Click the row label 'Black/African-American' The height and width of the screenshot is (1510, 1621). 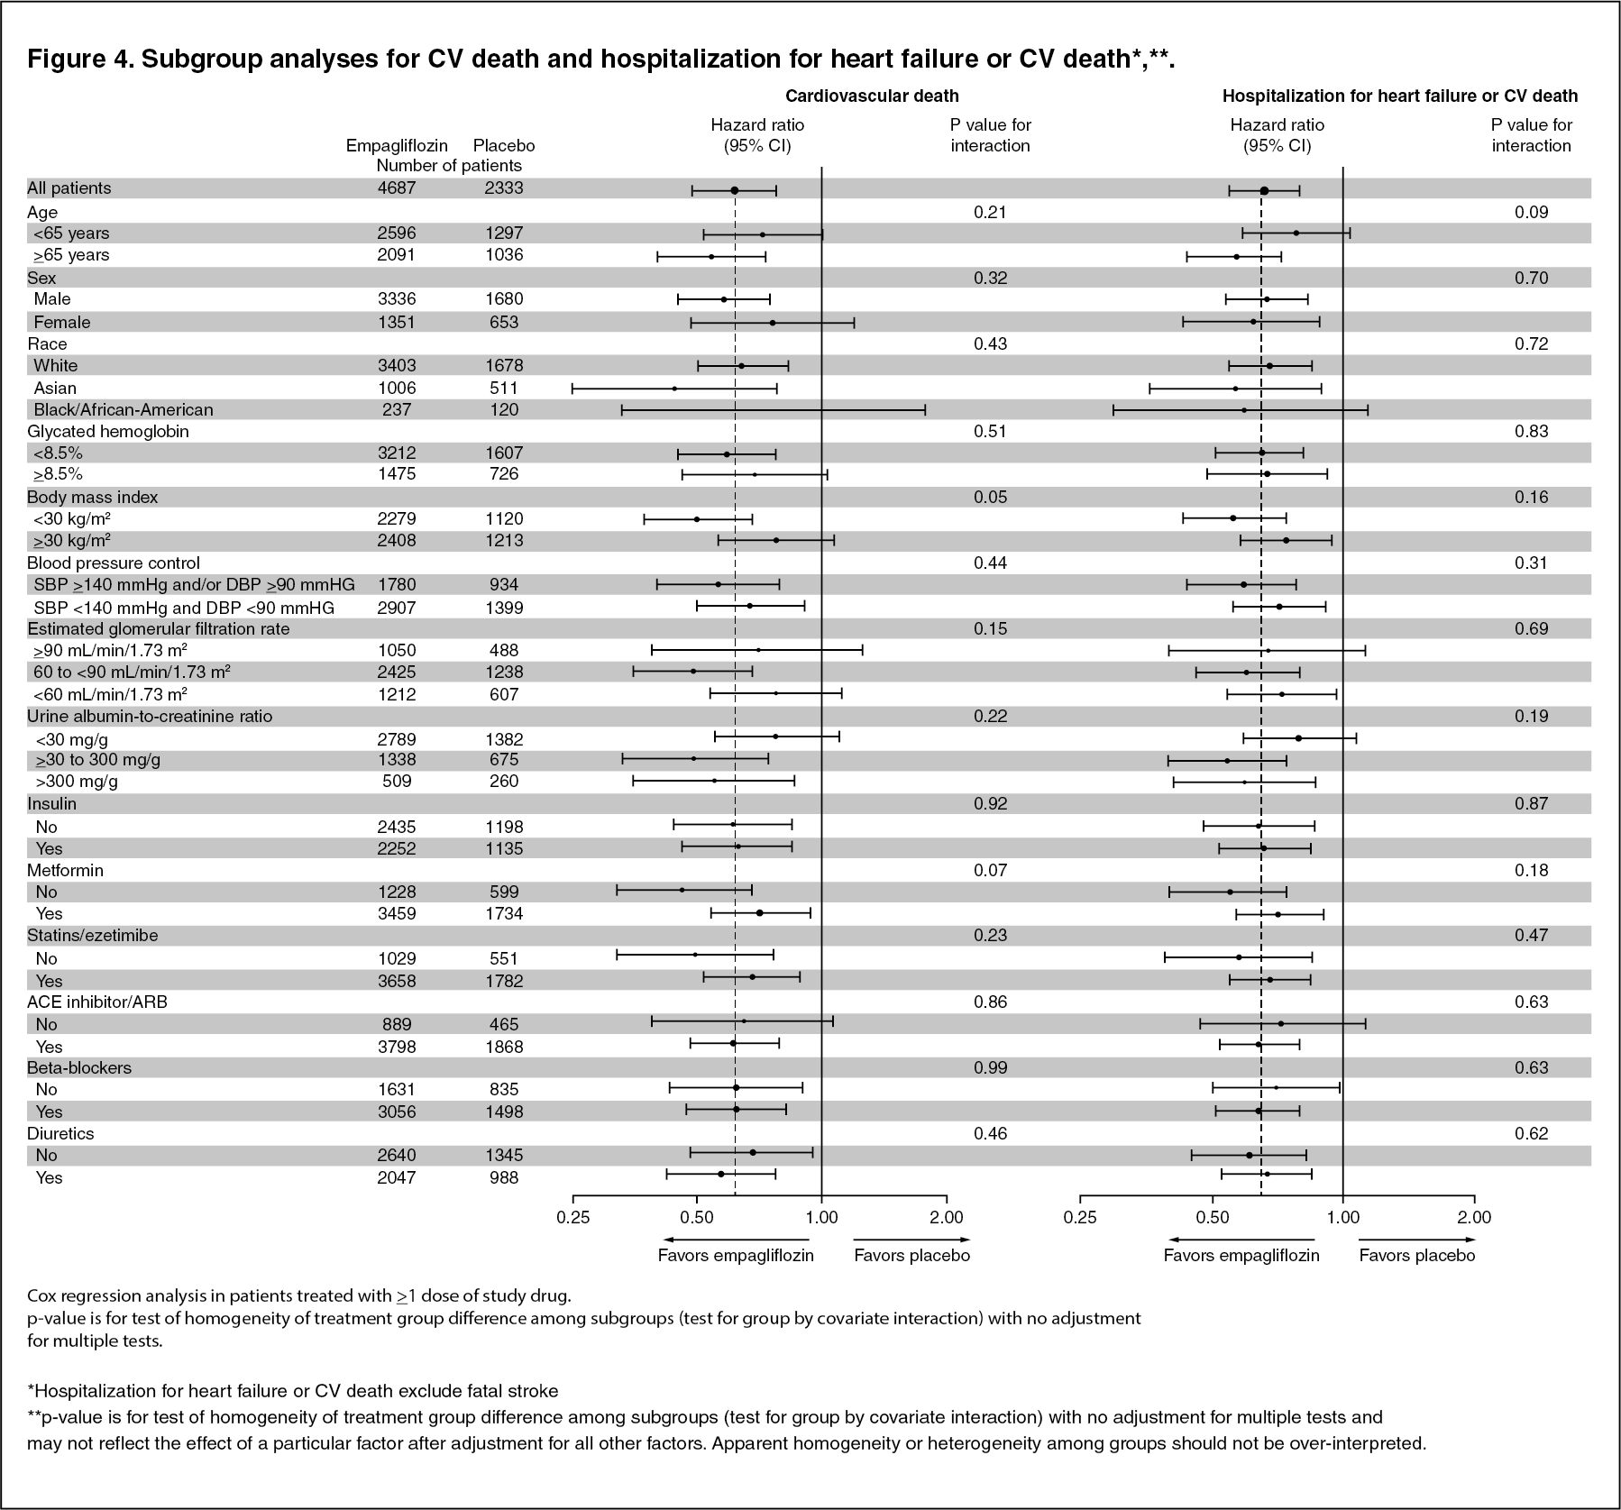(x=123, y=409)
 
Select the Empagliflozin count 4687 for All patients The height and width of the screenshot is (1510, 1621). (x=397, y=188)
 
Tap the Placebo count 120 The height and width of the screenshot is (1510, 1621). (x=503, y=409)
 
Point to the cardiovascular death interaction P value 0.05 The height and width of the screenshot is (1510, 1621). (x=990, y=497)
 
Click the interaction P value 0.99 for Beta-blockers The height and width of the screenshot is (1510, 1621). (x=990, y=1067)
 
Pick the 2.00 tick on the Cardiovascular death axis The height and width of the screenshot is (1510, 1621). (x=946, y=1217)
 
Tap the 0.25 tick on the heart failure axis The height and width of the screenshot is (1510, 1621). (x=1080, y=1217)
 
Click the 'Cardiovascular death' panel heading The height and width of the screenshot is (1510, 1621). (x=872, y=96)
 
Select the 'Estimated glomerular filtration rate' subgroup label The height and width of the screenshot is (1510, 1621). (x=159, y=628)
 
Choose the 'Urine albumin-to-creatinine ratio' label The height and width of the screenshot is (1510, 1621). (x=150, y=716)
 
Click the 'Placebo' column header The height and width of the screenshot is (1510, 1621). (x=504, y=145)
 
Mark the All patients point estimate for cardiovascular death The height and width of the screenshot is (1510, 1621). (x=734, y=190)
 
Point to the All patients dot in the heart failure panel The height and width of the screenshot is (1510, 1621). (x=1264, y=190)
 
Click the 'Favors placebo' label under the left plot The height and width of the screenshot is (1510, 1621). (x=911, y=1255)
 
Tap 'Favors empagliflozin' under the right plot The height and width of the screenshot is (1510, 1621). (x=1241, y=1255)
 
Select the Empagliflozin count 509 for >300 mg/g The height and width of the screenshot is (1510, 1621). (x=397, y=781)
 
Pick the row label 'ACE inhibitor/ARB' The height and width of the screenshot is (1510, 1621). (x=97, y=1002)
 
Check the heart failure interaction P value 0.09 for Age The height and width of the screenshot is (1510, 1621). (x=1531, y=212)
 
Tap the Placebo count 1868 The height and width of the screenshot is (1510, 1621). (x=503, y=1047)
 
